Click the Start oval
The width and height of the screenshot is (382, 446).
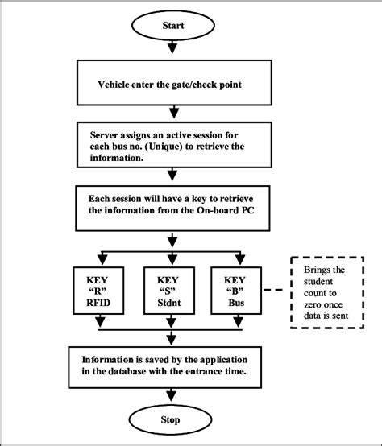point(174,26)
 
